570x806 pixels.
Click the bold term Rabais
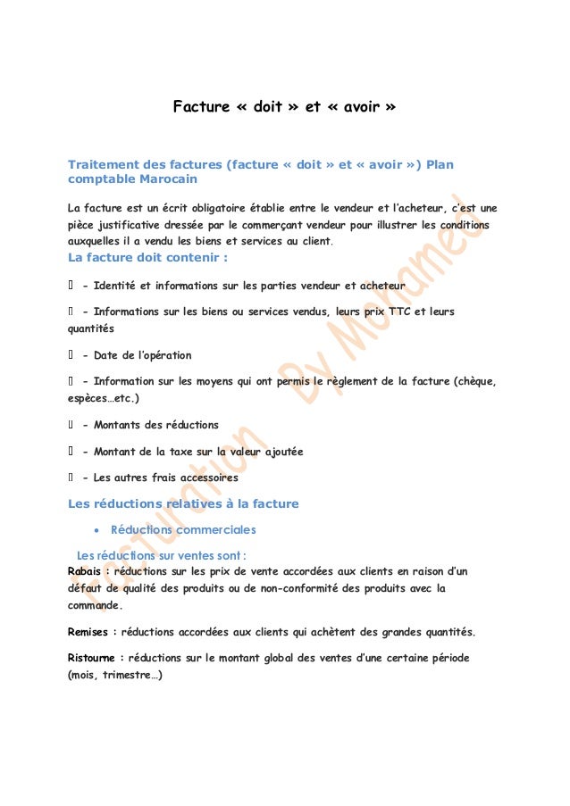coord(86,572)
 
